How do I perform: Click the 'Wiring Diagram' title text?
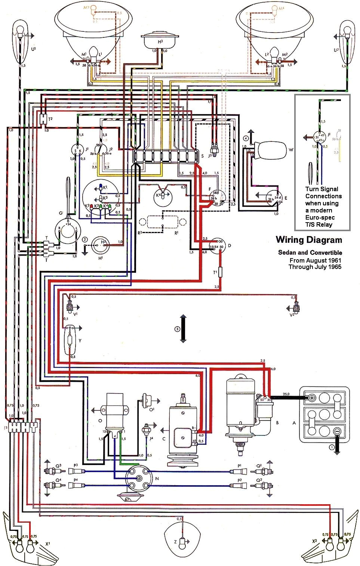pos(309,240)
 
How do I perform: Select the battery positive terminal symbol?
pos(311,398)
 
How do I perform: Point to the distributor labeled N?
pos(138,478)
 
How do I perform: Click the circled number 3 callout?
pos(177,329)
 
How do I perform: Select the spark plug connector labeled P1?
pos(240,471)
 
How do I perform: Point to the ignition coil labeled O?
pos(115,412)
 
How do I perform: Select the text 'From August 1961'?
pos(315,260)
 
